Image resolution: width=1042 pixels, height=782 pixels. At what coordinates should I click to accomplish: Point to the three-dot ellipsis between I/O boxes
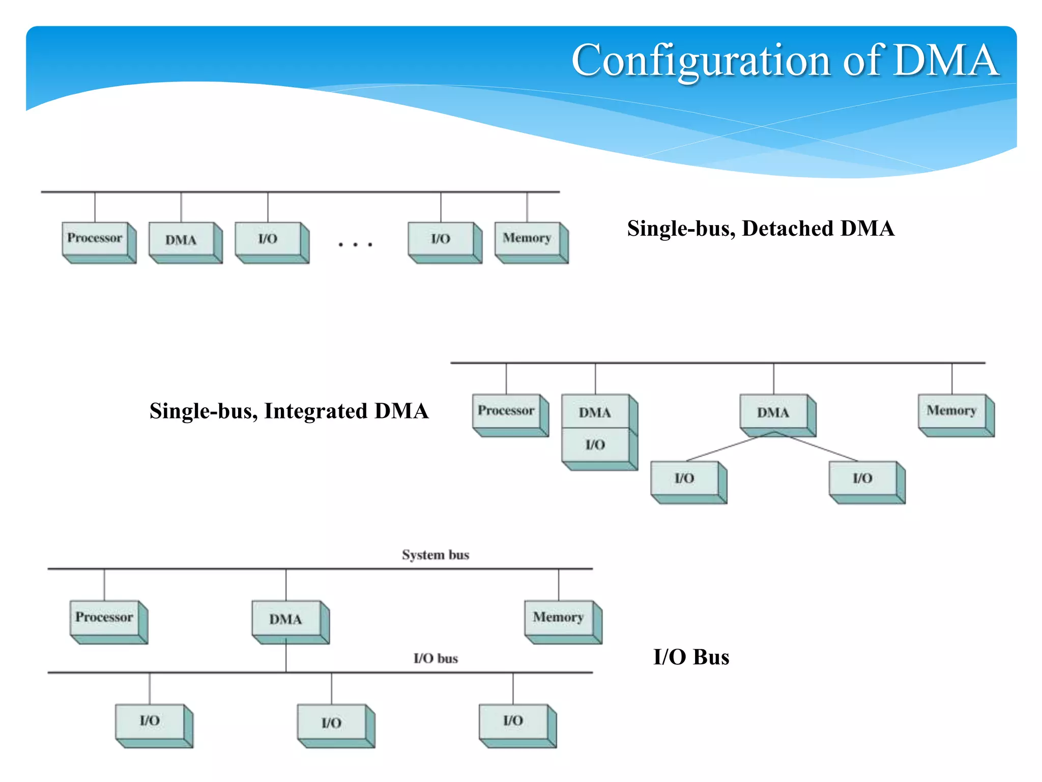(355, 245)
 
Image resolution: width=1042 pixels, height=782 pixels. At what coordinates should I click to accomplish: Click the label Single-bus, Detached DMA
(760, 229)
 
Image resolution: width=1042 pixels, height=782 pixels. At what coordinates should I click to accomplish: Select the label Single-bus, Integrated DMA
(288, 411)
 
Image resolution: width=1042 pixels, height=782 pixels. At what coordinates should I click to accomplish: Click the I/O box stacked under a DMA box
(595, 445)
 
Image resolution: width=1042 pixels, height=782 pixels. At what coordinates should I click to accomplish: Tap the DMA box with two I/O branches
(773, 412)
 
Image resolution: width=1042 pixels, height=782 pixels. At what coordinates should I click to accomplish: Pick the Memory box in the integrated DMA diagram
(951, 411)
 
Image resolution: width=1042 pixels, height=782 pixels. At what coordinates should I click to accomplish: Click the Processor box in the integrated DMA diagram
(506, 411)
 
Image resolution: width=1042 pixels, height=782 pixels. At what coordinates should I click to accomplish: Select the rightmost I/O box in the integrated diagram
(863, 478)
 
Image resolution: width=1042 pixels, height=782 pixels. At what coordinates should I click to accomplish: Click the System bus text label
(436, 555)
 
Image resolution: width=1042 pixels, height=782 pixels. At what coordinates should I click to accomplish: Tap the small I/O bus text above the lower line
(436, 659)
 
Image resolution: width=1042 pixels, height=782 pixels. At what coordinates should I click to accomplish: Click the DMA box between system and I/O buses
(286, 619)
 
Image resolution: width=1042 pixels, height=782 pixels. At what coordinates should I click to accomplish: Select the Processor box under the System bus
(104, 618)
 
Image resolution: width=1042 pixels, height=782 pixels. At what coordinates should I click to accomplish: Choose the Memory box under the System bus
(559, 618)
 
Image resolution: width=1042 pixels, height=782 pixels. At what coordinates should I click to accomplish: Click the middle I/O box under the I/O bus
(332, 722)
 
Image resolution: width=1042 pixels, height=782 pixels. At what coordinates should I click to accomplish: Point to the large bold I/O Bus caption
(691, 657)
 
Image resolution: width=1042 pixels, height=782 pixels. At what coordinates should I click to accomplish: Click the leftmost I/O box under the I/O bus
(150, 721)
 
